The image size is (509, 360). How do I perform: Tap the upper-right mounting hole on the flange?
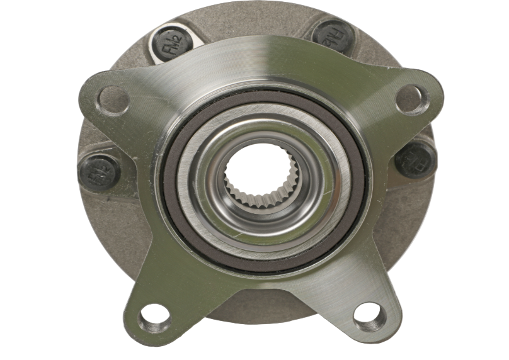coord(412,99)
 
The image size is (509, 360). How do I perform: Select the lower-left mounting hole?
coord(154,318)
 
